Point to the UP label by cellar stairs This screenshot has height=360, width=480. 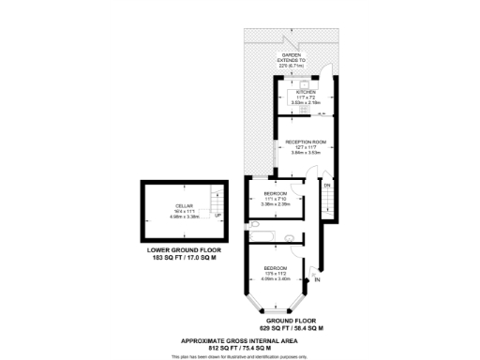coord(218,215)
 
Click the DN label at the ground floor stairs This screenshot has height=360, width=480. coord(327,187)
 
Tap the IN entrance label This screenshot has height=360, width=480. coord(318,279)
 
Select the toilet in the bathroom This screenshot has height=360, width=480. coord(290,236)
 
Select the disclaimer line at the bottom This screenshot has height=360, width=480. coord(239,357)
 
